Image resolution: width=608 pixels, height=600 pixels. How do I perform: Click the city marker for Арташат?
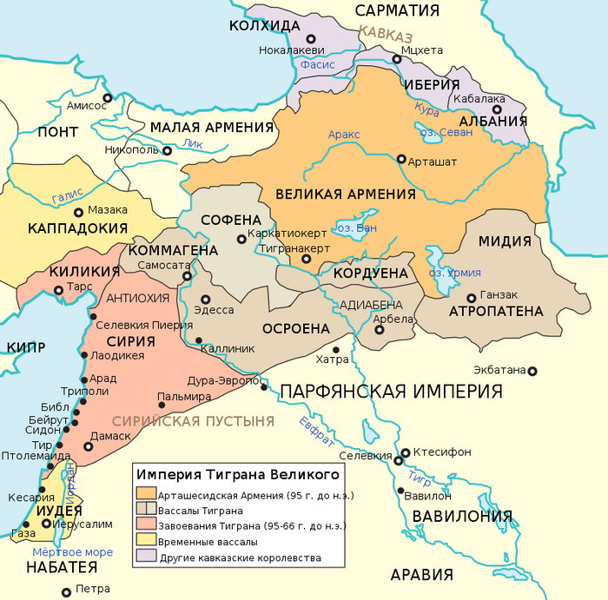401,160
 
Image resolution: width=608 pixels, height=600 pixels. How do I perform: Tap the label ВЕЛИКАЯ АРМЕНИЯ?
346,194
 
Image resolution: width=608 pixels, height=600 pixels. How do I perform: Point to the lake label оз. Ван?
356,228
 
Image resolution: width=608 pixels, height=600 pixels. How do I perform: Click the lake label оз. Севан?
446,133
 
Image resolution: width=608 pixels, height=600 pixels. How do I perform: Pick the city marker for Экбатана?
532,371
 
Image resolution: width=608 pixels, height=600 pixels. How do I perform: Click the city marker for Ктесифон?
406,452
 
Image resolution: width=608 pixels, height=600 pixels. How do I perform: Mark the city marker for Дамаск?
88,446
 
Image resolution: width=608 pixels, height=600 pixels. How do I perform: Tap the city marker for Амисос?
108,98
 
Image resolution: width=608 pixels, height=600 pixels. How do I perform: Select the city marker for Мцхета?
396,59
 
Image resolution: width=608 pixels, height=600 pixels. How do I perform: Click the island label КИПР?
26,347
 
